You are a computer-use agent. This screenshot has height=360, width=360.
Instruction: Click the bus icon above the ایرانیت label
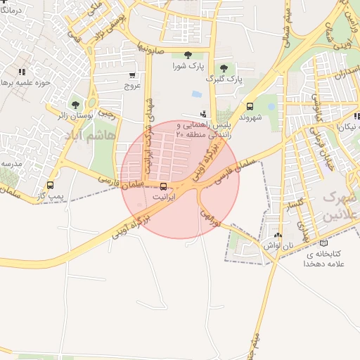click(164, 187)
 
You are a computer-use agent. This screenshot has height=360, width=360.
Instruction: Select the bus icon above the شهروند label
click(250, 106)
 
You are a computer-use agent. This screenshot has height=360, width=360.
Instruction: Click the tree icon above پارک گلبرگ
click(224, 68)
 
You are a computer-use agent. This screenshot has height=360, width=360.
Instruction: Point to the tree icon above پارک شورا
click(187, 55)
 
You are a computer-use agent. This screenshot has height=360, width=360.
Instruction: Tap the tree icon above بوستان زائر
click(75, 105)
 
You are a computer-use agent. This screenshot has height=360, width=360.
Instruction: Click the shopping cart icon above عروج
click(132, 75)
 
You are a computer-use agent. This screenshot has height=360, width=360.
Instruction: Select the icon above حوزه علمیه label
click(22, 72)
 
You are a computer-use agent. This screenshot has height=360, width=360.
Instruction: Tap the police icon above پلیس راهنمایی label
click(204, 114)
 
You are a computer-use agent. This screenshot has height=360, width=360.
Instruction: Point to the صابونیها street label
click(152, 50)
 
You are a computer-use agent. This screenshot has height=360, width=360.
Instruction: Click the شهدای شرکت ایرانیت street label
click(148, 130)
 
